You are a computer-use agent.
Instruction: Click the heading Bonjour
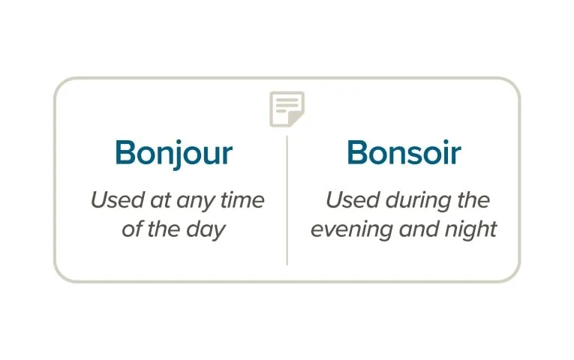(173, 153)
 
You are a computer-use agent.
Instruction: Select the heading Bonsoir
(404, 153)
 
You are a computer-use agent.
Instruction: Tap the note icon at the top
(287, 109)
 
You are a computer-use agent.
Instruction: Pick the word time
(241, 201)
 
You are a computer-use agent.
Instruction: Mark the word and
(416, 229)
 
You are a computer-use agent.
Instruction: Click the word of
(131, 229)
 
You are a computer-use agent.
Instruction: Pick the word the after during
(473, 201)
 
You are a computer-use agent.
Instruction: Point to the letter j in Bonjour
(179, 154)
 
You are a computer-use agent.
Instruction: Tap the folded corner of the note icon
(298, 119)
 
